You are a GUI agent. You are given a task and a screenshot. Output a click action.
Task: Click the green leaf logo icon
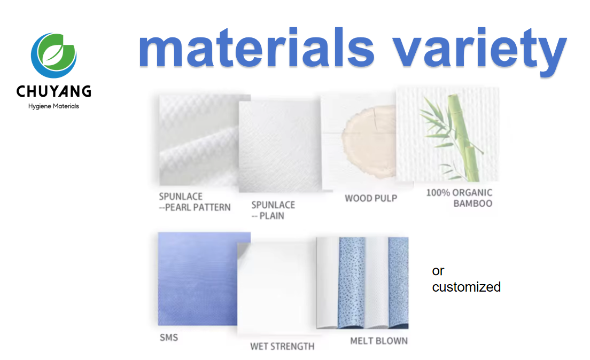[x=53, y=55]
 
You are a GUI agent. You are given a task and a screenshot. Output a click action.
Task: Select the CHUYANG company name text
[x=53, y=91]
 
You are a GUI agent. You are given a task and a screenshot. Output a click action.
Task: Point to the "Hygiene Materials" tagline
[x=53, y=106]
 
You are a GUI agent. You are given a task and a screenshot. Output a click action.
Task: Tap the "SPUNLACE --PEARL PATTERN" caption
[x=195, y=202]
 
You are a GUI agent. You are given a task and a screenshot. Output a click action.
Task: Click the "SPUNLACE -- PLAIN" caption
[x=273, y=210]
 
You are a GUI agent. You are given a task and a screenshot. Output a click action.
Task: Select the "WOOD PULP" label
[x=371, y=198]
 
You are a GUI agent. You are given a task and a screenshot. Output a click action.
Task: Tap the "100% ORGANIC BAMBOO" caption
[x=459, y=198]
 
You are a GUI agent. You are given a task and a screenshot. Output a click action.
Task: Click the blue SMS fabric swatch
[x=204, y=278]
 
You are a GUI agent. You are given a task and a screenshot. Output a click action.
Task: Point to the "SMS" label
[x=168, y=338]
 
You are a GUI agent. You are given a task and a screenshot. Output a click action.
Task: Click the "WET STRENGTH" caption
[x=282, y=347]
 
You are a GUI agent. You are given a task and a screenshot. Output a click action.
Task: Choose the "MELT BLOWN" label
[x=379, y=341]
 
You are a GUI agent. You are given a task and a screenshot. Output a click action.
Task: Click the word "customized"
[x=466, y=287]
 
